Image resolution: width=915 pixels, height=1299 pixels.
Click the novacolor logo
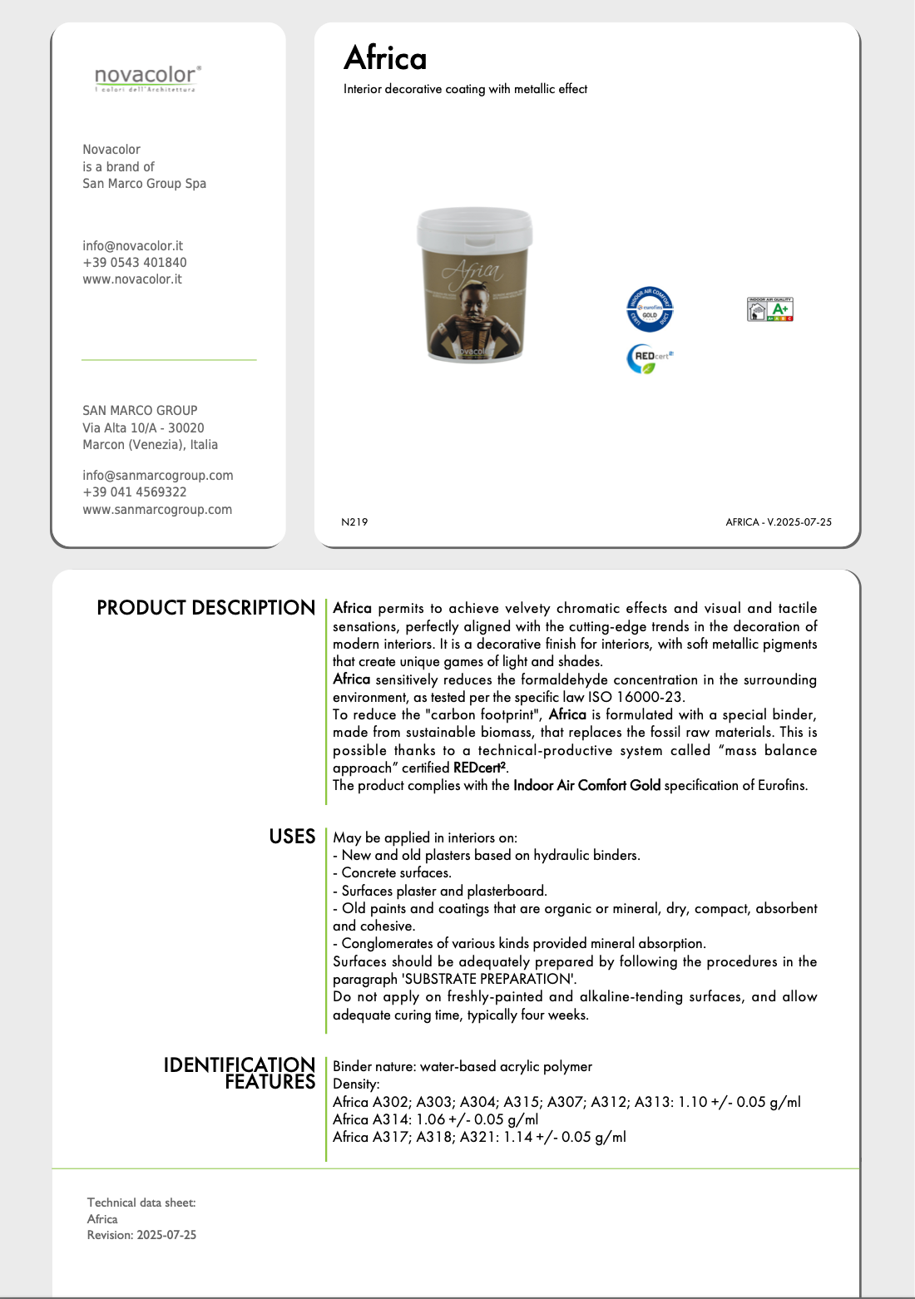[147, 78]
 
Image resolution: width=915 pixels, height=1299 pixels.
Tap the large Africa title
[385, 58]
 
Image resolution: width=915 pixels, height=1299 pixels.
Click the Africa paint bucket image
[474, 284]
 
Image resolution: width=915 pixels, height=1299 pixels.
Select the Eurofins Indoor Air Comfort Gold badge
[650, 309]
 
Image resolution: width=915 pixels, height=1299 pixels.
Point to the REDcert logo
[649, 358]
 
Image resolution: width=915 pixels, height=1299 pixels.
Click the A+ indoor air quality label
[769, 309]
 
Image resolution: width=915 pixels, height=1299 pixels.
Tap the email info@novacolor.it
[132, 245]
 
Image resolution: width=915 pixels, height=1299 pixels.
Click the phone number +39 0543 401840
[134, 262]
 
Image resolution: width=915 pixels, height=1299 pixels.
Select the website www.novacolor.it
[131, 279]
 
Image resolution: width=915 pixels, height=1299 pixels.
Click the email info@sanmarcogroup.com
[157, 475]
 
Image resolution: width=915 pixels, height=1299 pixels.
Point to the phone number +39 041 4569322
[134, 491]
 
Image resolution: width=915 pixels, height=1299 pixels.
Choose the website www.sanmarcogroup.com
[156, 509]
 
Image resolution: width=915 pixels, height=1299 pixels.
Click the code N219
[354, 521]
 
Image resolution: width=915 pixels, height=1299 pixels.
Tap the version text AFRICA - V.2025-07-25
[778, 521]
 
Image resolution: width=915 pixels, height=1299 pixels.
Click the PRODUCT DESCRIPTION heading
[205, 608]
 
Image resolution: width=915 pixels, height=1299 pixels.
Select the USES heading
[292, 837]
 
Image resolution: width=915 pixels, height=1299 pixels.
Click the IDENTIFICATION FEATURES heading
[240, 1073]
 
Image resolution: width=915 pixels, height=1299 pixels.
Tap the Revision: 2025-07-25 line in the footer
[141, 1235]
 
